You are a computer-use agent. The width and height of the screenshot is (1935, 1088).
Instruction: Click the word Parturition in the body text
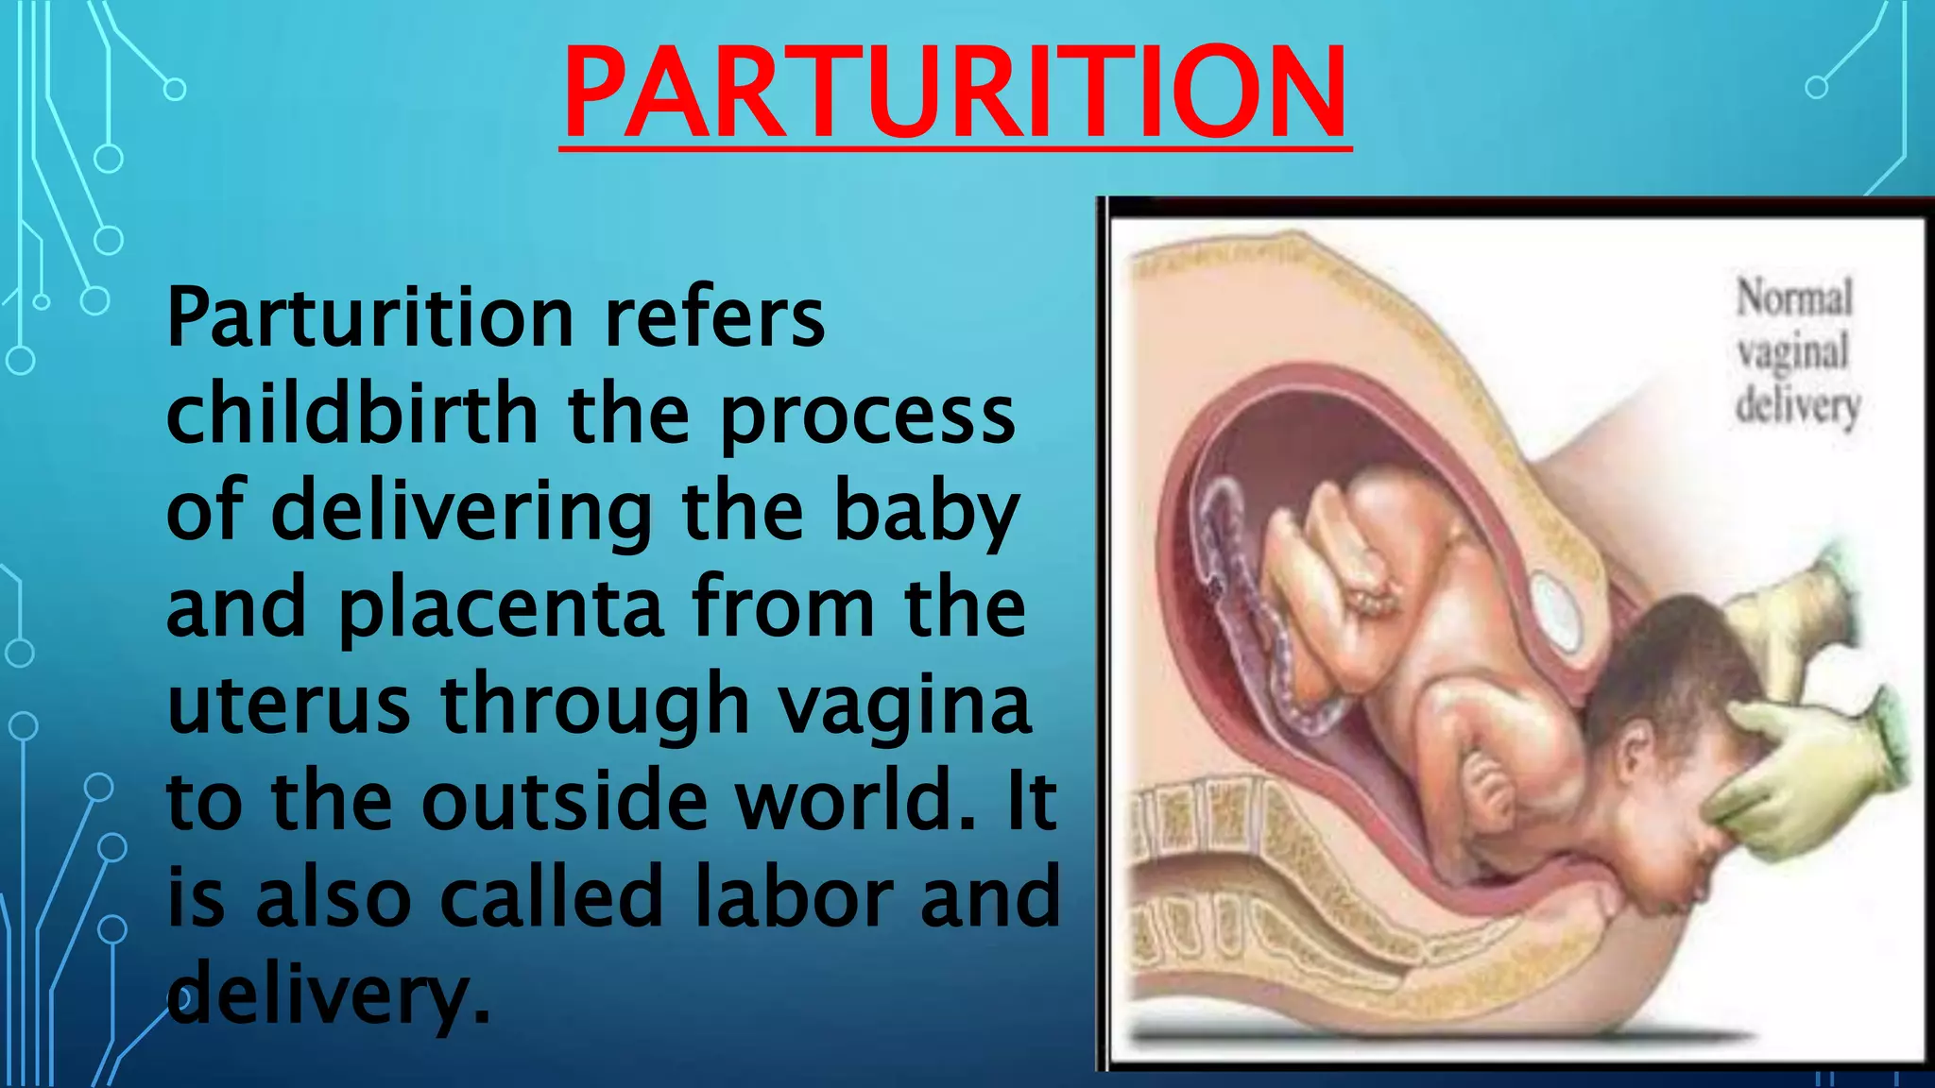[369, 318]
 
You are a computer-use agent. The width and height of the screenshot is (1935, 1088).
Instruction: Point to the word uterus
[288, 705]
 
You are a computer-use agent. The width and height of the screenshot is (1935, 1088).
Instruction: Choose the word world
[855, 801]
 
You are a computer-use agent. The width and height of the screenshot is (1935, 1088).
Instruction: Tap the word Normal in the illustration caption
[1794, 298]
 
